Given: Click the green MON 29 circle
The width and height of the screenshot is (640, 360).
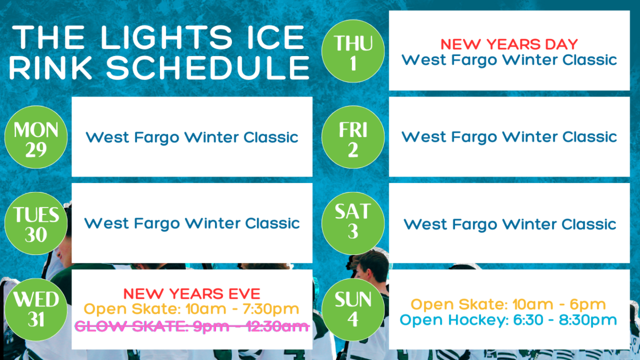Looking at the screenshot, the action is (36, 137).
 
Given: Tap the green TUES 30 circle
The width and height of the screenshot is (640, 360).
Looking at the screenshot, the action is (36, 223).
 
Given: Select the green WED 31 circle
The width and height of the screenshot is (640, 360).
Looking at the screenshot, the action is (36, 310).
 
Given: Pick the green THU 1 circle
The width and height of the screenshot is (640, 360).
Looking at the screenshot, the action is (353, 51).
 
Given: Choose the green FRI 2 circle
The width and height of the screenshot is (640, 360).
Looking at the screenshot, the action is (353, 137).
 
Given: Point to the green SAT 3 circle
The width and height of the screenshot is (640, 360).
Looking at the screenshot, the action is (353, 223).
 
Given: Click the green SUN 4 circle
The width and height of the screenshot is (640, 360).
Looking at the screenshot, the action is (353, 310).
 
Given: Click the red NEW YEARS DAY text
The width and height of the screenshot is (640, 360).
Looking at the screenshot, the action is (509, 44).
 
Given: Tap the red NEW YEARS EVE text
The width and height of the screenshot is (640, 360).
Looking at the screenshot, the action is (192, 294).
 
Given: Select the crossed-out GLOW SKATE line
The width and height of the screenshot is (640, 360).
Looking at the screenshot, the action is (192, 326).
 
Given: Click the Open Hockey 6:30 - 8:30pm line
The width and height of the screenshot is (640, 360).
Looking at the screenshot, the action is (508, 320).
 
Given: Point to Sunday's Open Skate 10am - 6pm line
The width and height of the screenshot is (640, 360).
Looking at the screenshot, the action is (508, 305).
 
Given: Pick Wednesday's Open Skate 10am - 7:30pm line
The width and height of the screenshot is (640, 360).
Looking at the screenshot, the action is (191, 309).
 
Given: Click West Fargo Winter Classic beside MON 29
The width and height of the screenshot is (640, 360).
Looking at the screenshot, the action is (192, 138).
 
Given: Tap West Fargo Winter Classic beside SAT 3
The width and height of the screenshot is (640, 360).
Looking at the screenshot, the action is (510, 225).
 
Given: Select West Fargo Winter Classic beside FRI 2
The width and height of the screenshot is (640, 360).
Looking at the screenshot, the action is (509, 137).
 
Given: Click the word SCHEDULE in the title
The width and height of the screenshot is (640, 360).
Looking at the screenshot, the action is (208, 68).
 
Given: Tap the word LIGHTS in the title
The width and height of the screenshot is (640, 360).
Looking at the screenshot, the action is (166, 37).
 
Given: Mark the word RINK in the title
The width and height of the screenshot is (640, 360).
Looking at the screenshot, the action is (51, 68).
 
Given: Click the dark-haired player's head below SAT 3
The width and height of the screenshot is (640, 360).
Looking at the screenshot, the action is (371, 265).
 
